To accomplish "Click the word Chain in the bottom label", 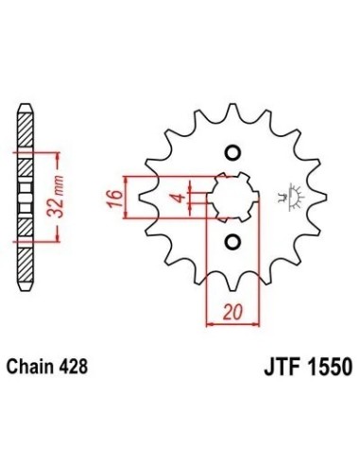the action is (29, 367).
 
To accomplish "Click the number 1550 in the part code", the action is (328, 367).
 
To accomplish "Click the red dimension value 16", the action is (114, 198).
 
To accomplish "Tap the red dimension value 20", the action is (233, 312).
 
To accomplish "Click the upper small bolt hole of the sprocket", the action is (233, 153).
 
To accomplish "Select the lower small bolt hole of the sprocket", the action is (233, 242).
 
